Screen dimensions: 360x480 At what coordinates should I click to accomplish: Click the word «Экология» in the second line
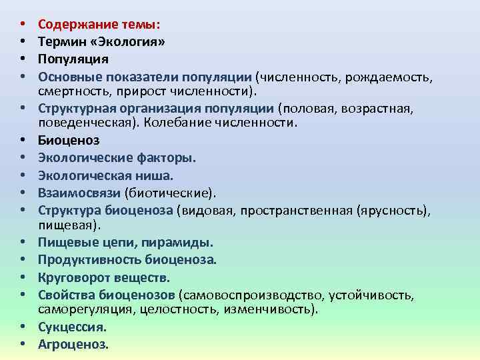tap(130, 41)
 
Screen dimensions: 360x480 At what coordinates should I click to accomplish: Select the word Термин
tap(62, 41)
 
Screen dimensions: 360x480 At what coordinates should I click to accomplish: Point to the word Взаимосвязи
tap(79, 193)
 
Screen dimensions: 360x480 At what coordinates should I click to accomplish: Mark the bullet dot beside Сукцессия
tap(23, 327)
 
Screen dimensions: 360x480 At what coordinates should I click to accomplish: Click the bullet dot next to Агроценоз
tap(23, 345)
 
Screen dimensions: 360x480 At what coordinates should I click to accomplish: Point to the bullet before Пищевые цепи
tap(23, 242)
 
